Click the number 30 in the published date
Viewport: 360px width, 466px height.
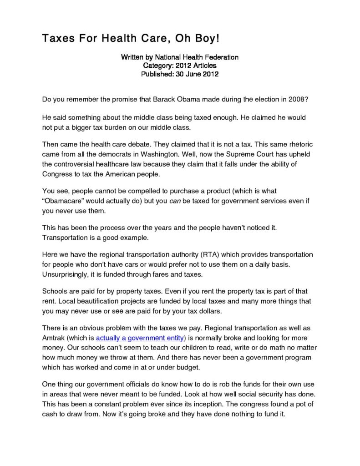click(175, 74)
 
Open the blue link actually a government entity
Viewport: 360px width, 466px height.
click(141, 338)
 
